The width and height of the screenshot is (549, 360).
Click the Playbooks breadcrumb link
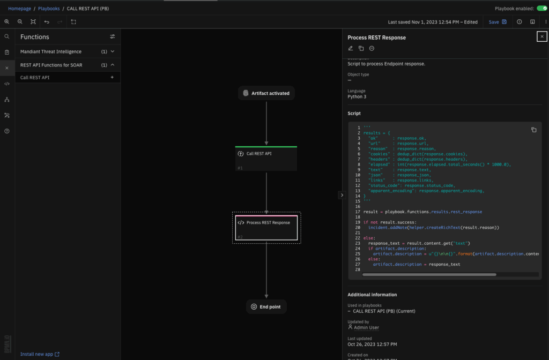tap(49, 9)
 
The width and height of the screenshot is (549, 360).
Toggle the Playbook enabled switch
tap(542, 9)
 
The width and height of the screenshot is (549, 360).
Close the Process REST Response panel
tap(542, 36)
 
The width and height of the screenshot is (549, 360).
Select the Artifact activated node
tap(266, 93)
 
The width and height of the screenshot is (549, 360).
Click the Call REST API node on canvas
tap(266, 158)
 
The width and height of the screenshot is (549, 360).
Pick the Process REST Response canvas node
tap(266, 227)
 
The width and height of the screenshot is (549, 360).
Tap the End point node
tap(266, 307)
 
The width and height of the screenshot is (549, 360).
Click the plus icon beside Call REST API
tap(112, 78)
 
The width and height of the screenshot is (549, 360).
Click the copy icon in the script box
tap(533, 130)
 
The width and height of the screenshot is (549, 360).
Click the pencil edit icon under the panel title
tap(351, 48)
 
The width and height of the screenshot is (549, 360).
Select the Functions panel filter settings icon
tap(113, 37)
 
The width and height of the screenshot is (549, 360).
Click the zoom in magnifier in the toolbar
tap(7, 22)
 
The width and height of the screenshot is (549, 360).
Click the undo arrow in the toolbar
tap(47, 22)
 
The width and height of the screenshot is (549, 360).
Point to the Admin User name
tap(367, 327)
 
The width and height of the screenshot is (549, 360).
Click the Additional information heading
tap(372, 295)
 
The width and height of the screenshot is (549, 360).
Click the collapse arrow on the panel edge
tap(342, 195)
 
